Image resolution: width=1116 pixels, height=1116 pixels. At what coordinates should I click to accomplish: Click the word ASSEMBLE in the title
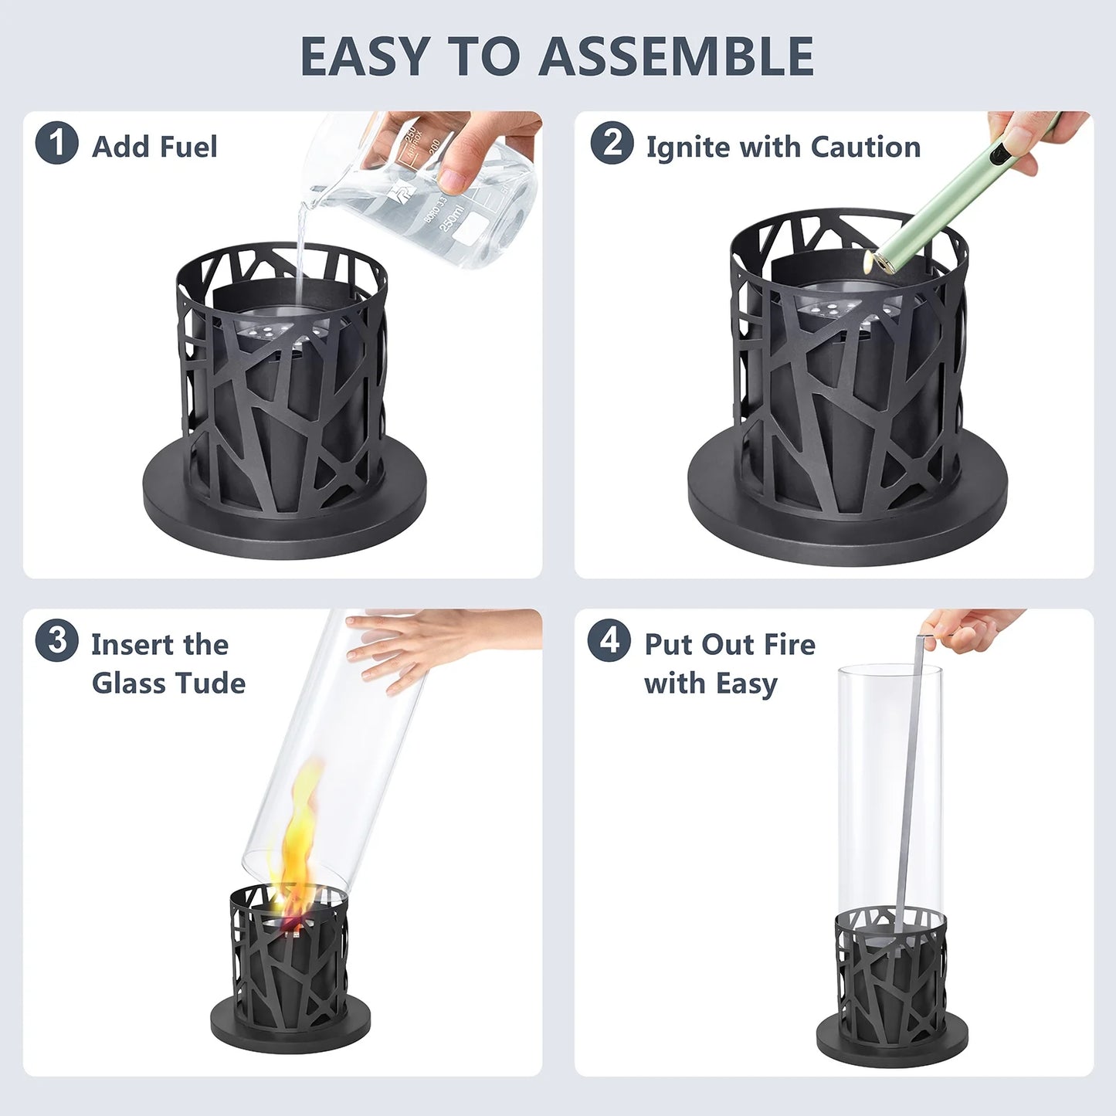point(676,56)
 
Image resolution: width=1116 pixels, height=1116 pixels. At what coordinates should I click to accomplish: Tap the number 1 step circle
point(56,143)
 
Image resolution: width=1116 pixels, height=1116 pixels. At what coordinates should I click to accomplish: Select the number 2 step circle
point(612,143)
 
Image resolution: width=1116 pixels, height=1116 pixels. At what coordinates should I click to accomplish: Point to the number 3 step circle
point(56,640)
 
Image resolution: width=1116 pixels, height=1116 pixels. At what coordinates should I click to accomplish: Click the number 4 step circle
point(609,640)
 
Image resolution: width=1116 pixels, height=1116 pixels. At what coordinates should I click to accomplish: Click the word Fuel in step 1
point(188,147)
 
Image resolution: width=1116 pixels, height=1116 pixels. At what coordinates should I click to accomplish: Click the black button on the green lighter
point(998,155)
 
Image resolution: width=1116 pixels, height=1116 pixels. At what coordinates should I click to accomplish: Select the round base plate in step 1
point(283,495)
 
